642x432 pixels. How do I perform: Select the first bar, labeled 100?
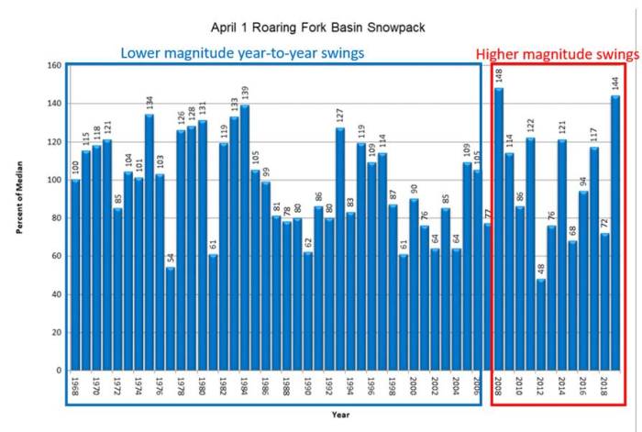coord(75,275)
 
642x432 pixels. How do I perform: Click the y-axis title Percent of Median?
coord(19,218)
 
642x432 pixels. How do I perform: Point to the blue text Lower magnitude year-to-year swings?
coord(242,52)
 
